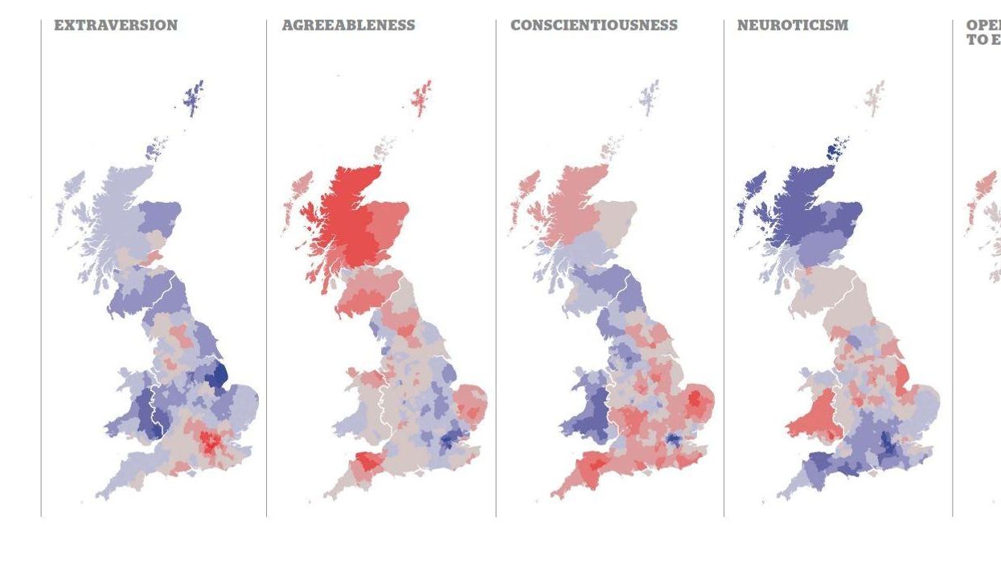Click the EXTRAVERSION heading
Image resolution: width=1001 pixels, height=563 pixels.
[x=116, y=25]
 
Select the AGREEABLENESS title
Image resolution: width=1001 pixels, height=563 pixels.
[x=348, y=25]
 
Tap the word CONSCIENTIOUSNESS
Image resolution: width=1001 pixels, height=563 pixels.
[x=594, y=25]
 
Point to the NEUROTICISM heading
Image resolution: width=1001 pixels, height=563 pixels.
[x=793, y=25]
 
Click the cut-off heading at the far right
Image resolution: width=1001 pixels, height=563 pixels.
[x=983, y=32]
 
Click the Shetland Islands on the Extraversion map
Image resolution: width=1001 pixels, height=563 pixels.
[x=193, y=98]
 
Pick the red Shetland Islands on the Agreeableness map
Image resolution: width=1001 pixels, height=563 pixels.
[x=422, y=98]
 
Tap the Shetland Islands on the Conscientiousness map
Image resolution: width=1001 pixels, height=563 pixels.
[x=650, y=98]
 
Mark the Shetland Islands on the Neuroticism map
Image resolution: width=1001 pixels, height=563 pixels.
[x=875, y=98]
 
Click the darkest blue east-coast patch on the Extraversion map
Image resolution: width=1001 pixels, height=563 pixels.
[x=218, y=374]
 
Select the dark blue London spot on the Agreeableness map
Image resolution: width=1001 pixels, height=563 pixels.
[x=447, y=440]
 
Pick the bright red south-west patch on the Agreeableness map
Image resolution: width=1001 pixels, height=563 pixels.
[x=367, y=462]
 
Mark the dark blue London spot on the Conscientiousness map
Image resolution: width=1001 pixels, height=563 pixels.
[x=673, y=440]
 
